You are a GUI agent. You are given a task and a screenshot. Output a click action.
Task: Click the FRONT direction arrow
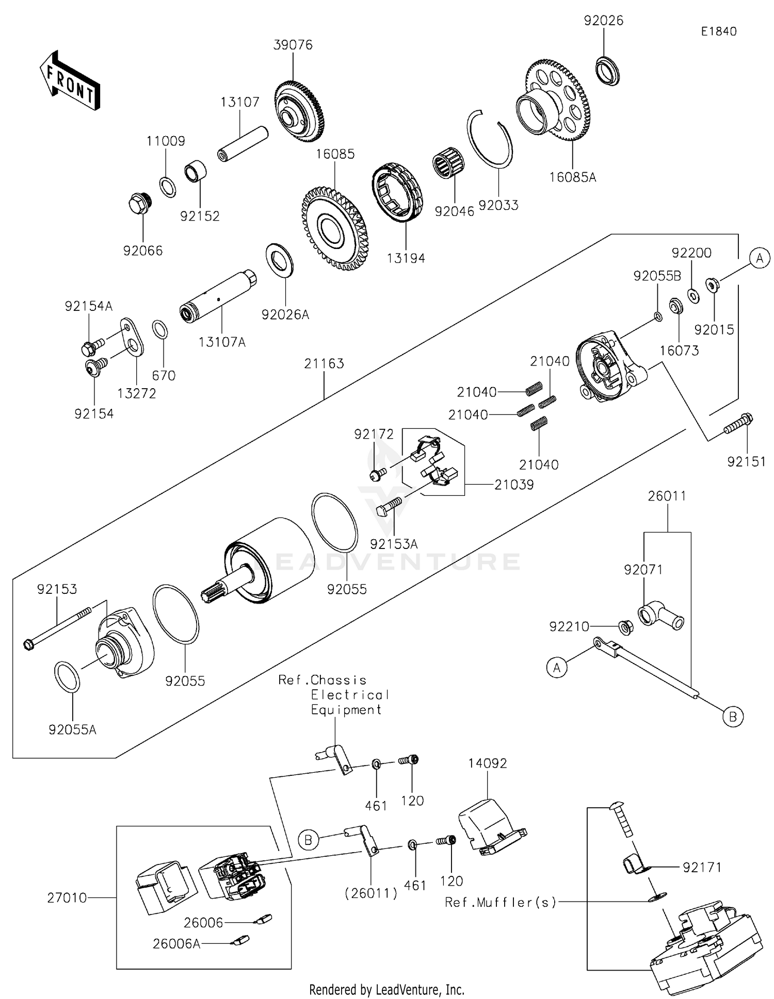coord(69,81)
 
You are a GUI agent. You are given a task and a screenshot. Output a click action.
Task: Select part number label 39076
coord(293,45)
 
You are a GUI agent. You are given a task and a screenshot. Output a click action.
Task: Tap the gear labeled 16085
coord(335,229)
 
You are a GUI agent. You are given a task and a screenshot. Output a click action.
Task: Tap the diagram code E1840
coord(718,31)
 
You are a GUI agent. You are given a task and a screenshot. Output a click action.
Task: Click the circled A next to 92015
coord(759,257)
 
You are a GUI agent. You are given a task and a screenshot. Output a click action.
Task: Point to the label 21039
coord(513,485)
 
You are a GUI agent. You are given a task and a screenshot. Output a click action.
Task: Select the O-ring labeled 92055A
coord(67,677)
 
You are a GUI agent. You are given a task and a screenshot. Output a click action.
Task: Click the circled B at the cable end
coord(733,717)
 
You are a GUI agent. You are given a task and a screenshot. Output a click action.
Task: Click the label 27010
coord(67,898)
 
